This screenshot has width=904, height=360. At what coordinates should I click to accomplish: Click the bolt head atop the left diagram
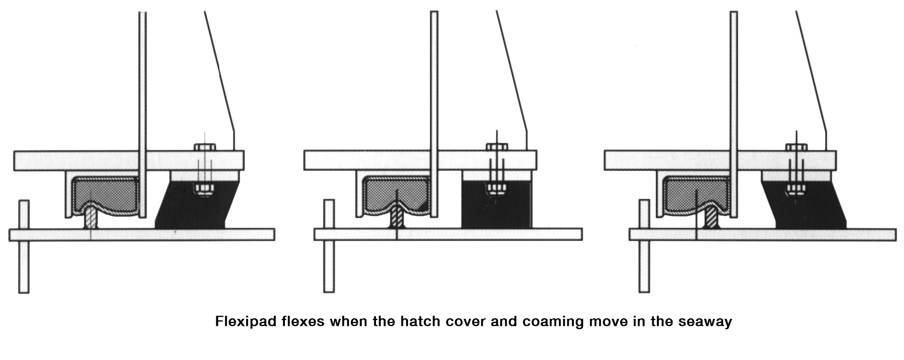[x=205, y=147]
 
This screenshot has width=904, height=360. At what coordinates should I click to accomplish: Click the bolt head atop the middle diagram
[x=497, y=147]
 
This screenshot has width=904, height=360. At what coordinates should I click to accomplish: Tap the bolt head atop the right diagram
[x=796, y=147]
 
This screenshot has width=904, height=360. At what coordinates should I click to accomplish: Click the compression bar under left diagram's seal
[x=90, y=217]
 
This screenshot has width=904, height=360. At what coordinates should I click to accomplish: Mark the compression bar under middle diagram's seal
[x=396, y=218]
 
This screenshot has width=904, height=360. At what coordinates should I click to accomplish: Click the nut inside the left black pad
[x=204, y=190]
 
